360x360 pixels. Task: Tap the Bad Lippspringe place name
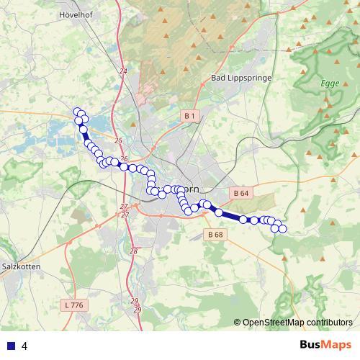238,77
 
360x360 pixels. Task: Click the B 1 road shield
189,116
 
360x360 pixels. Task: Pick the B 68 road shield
215,234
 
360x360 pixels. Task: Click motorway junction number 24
123,71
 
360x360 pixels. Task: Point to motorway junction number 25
119,141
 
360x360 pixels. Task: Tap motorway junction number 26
125,159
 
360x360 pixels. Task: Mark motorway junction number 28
133,251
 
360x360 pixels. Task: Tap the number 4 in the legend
24,346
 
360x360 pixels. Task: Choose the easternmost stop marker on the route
282,229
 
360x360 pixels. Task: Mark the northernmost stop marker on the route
77,111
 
